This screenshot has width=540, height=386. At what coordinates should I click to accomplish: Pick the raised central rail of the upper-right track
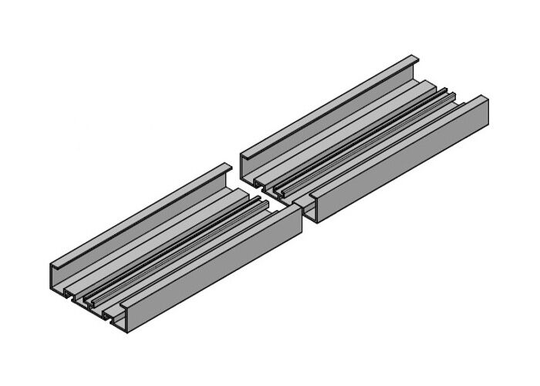[x=363, y=143]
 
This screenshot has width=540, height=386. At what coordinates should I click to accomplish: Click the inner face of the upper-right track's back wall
[x=339, y=116]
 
